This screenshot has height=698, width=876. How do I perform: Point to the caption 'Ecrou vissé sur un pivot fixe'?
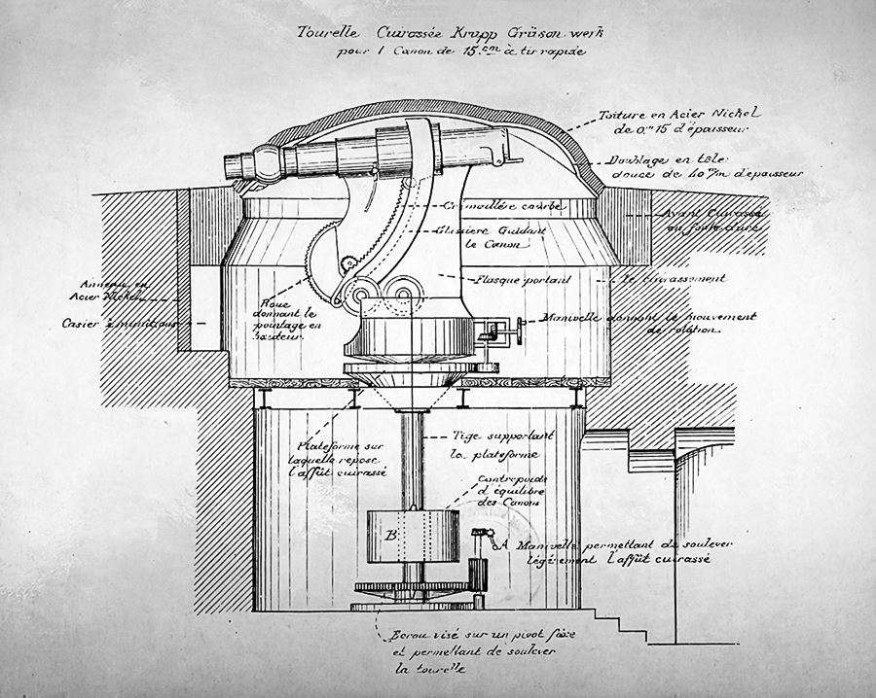pyautogui.click(x=464, y=639)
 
